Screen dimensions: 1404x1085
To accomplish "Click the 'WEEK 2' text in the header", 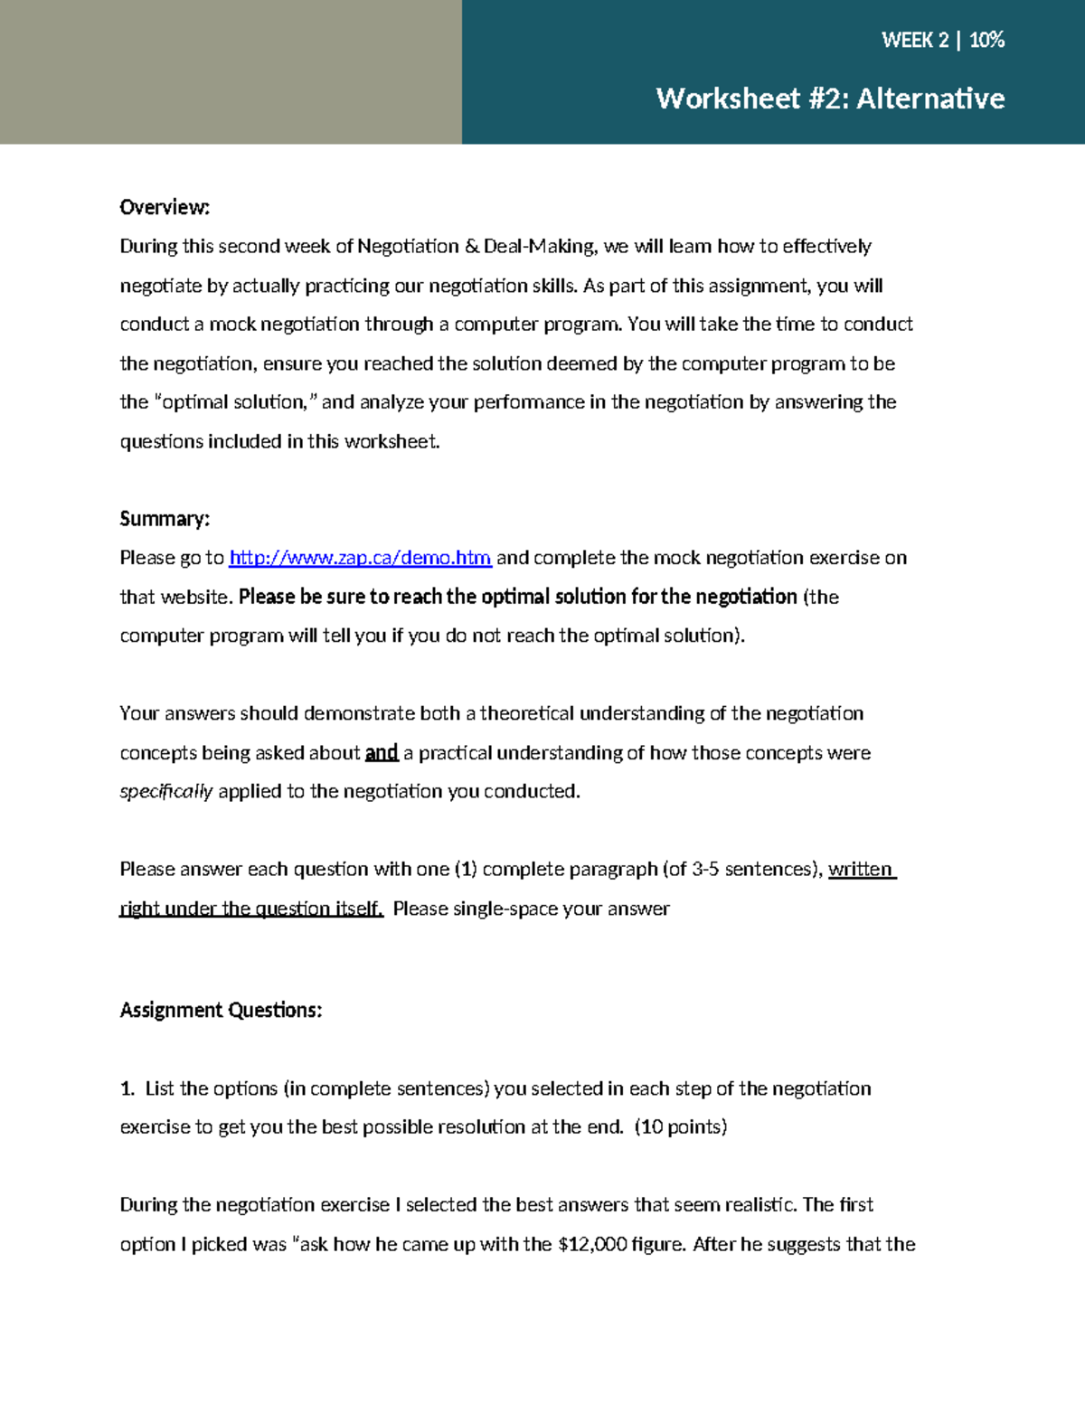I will coord(914,40).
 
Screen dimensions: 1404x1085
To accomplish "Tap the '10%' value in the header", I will coord(986,40).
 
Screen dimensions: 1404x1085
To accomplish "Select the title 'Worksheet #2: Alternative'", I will coord(830,98).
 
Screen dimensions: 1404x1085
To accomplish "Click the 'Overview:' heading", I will coord(165,207).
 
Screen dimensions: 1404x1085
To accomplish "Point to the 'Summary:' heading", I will coord(165,518).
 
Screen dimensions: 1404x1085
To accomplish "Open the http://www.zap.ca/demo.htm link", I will coord(360,558).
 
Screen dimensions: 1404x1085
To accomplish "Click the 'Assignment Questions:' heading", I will coord(221,1010).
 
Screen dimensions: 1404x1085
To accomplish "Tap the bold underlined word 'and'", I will coord(382,752).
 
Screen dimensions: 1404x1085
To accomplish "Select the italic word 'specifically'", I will coord(166,792).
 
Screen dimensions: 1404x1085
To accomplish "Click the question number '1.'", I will coord(127,1088).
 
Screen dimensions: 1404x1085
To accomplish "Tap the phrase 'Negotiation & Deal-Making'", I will coord(476,246).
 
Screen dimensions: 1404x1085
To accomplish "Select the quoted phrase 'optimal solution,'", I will coord(236,402).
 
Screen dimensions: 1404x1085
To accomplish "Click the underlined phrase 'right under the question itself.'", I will coord(251,909).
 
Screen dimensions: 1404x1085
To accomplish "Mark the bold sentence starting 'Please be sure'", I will coord(517,597).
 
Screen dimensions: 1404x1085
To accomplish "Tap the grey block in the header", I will coord(231,72).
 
